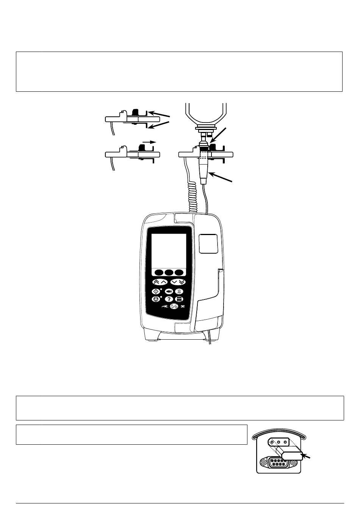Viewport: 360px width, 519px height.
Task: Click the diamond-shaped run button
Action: tap(156, 291)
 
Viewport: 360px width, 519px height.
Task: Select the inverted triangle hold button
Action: tap(156, 299)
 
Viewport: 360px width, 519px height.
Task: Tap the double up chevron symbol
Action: tap(156, 282)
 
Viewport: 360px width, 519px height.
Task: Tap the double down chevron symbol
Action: tap(182, 282)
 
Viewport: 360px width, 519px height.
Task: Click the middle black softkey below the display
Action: tap(169, 273)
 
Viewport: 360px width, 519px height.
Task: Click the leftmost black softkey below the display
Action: tap(159, 273)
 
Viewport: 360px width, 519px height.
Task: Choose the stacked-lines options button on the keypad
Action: tap(179, 299)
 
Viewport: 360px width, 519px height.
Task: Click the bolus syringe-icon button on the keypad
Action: tap(169, 291)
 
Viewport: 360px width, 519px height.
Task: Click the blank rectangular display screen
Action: tap(169, 251)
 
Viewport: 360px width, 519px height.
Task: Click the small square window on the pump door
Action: tap(208, 243)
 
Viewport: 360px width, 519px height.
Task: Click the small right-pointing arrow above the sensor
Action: tap(149, 142)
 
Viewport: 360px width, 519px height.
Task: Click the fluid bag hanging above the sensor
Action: tap(206, 116)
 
